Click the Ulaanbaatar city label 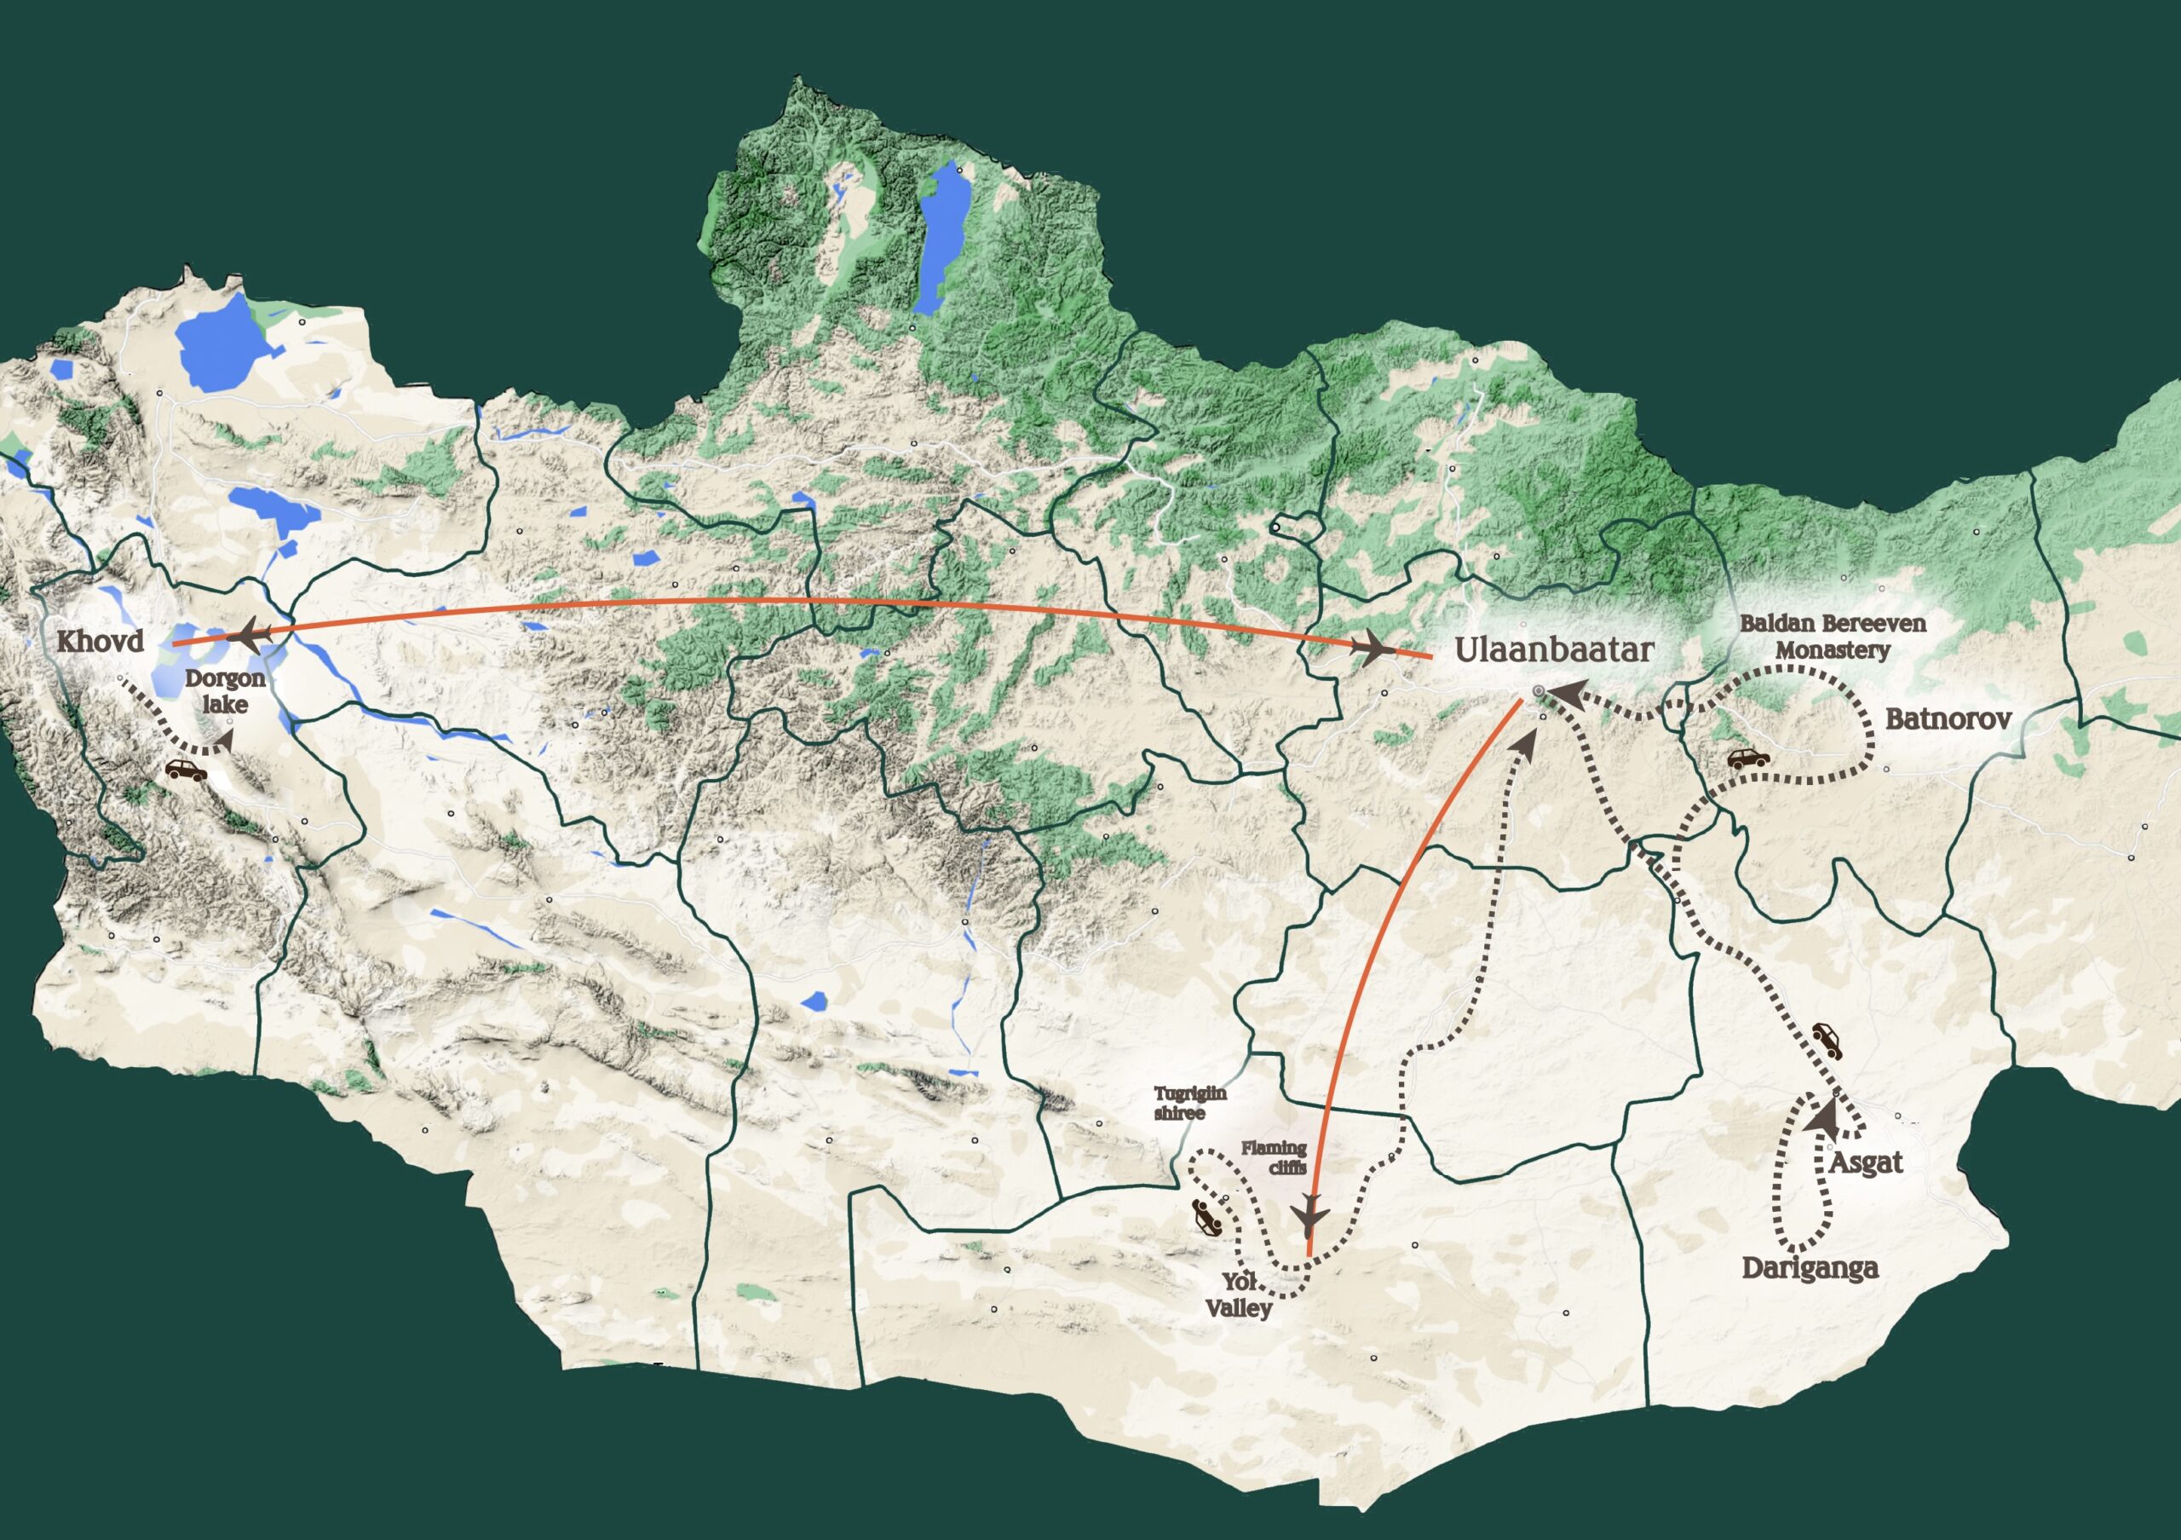pos(1554,651)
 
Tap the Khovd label pos(101,641)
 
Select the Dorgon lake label pos(225,692)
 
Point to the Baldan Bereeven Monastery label pos(1833,637)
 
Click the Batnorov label pos(1948,719)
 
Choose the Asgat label pos(1866,1162)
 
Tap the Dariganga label pos(1810,1268)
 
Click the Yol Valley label pos(1239,1295)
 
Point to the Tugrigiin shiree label pos(1189,1103)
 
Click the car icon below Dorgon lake pos(187,770)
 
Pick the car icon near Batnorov pos(1748,759)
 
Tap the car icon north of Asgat pos(1827,1041)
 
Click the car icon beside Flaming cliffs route pos(1206,1217)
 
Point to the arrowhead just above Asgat pos(1822,1116)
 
